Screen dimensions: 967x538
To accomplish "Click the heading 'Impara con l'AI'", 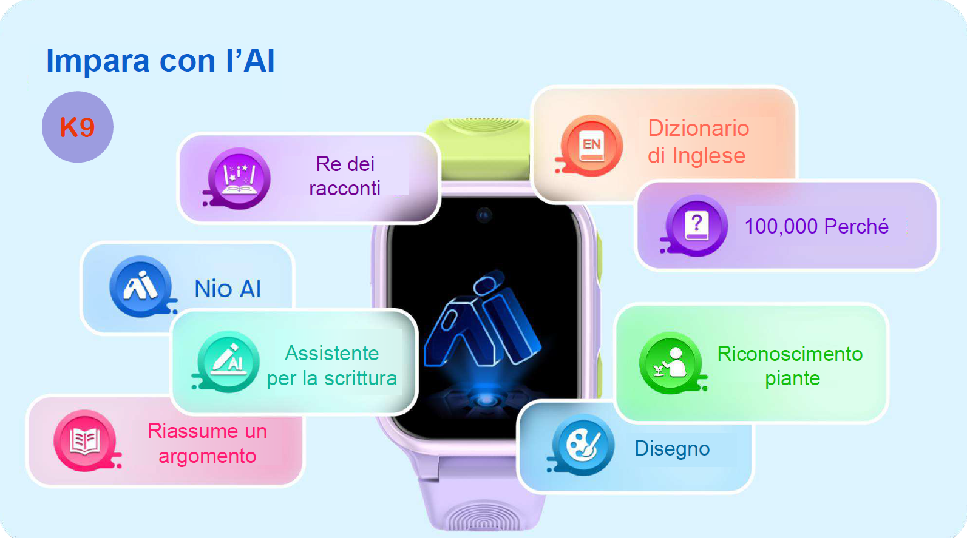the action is [160, 61].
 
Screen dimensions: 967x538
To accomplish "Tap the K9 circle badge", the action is [78, 127].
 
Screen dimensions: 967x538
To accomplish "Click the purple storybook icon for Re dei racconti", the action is [239, 178].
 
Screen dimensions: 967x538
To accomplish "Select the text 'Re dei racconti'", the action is [345, 176].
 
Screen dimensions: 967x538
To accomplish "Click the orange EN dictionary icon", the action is [591, 146].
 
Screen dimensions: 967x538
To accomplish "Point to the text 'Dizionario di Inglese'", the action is [698, 141].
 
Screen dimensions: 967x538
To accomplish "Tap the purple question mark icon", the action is [696, 225].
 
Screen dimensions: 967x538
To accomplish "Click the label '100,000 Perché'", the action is [816, 226].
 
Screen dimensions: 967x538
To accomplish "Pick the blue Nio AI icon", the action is [141, 286].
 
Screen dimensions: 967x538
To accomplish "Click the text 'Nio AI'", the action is [228, 289].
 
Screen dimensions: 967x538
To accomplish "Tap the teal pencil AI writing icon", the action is [228, 361].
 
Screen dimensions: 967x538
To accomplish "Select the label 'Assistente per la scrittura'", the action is [331, 366].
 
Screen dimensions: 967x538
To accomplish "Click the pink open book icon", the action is [86, 440].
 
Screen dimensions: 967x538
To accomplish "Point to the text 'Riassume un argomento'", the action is [207, 443].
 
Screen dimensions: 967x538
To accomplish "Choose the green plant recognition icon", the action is [672, 363].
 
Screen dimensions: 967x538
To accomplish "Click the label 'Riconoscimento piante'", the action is [790, 366].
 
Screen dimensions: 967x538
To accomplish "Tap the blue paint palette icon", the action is [582, 445].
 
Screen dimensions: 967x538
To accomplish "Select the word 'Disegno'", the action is [672, 449].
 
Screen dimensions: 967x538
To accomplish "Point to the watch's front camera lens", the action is [484, 215].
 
